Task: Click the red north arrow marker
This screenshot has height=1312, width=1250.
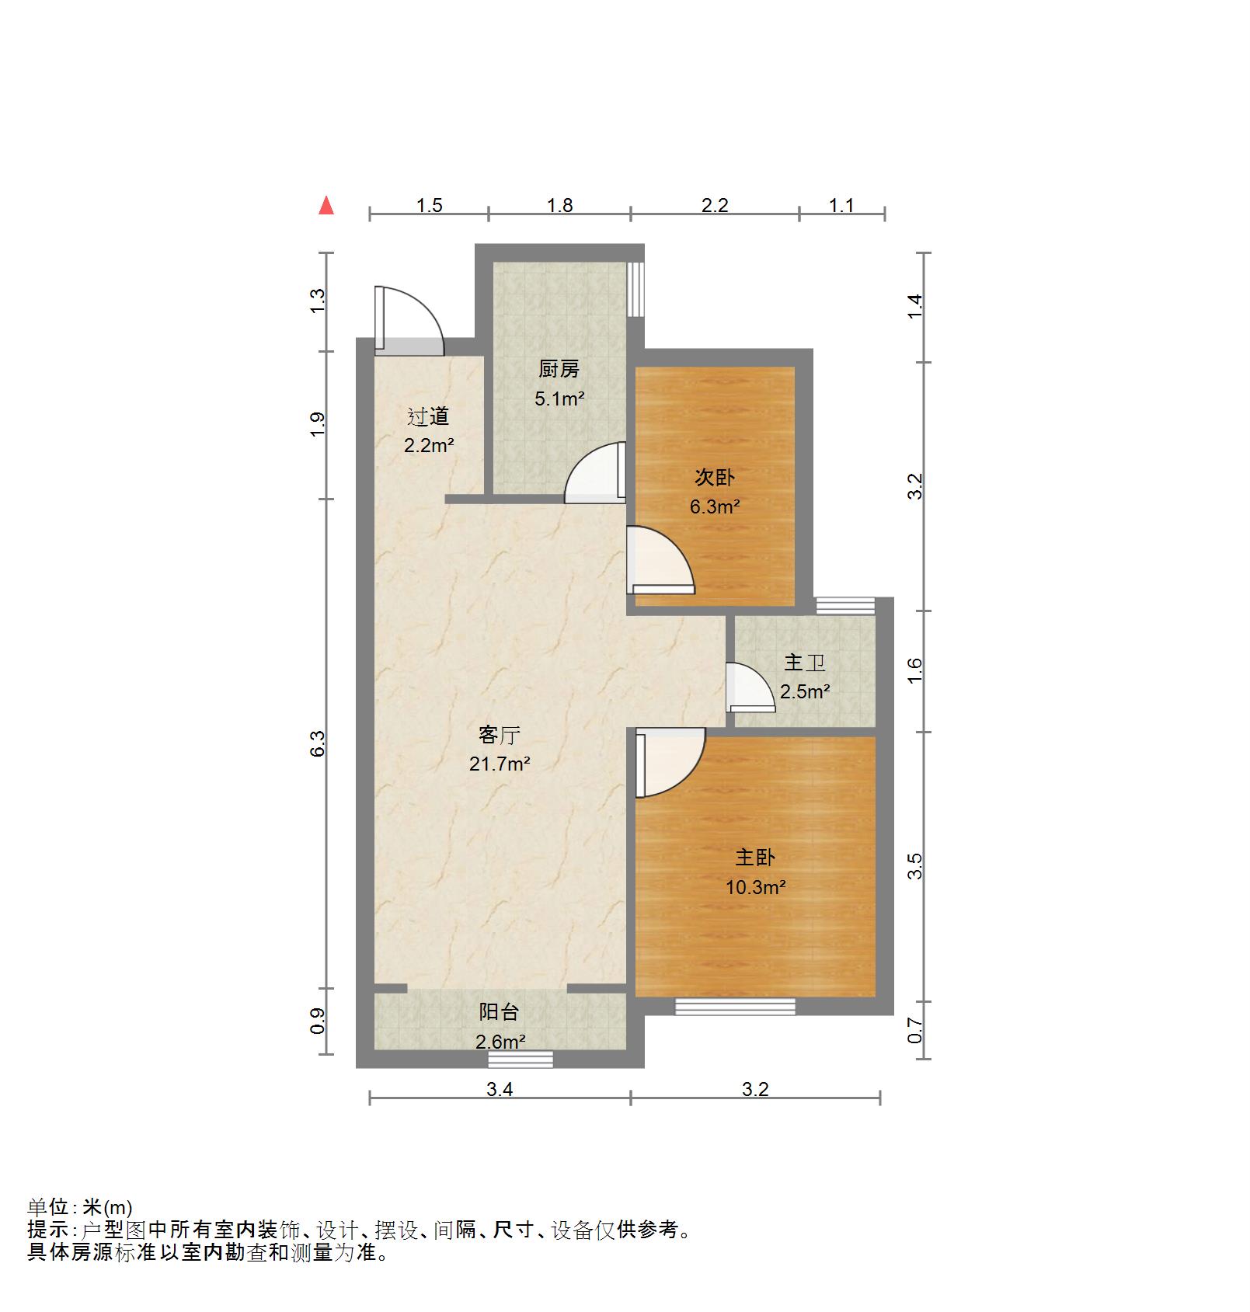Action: [327, 205]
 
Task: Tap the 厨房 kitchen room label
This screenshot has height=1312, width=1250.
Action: [559, 369]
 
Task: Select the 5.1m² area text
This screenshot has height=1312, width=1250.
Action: [559, 399]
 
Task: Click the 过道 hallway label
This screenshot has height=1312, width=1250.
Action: [428, 416]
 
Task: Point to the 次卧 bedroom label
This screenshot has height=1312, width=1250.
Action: [714, 477]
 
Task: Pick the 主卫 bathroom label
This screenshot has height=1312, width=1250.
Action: [804, 662]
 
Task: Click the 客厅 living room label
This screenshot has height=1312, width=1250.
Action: [499, 734]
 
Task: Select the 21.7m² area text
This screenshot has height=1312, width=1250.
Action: [499, 764]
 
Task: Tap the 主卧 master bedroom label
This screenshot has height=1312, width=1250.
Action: [755, 857]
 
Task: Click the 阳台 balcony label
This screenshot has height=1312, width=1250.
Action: [499, 1011]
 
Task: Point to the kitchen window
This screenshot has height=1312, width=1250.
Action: [635, 288]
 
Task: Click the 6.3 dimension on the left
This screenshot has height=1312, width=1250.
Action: [317, 743]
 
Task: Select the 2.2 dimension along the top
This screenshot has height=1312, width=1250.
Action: [715, 205]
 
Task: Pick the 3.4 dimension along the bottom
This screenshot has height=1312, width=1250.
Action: [500, 1089]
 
